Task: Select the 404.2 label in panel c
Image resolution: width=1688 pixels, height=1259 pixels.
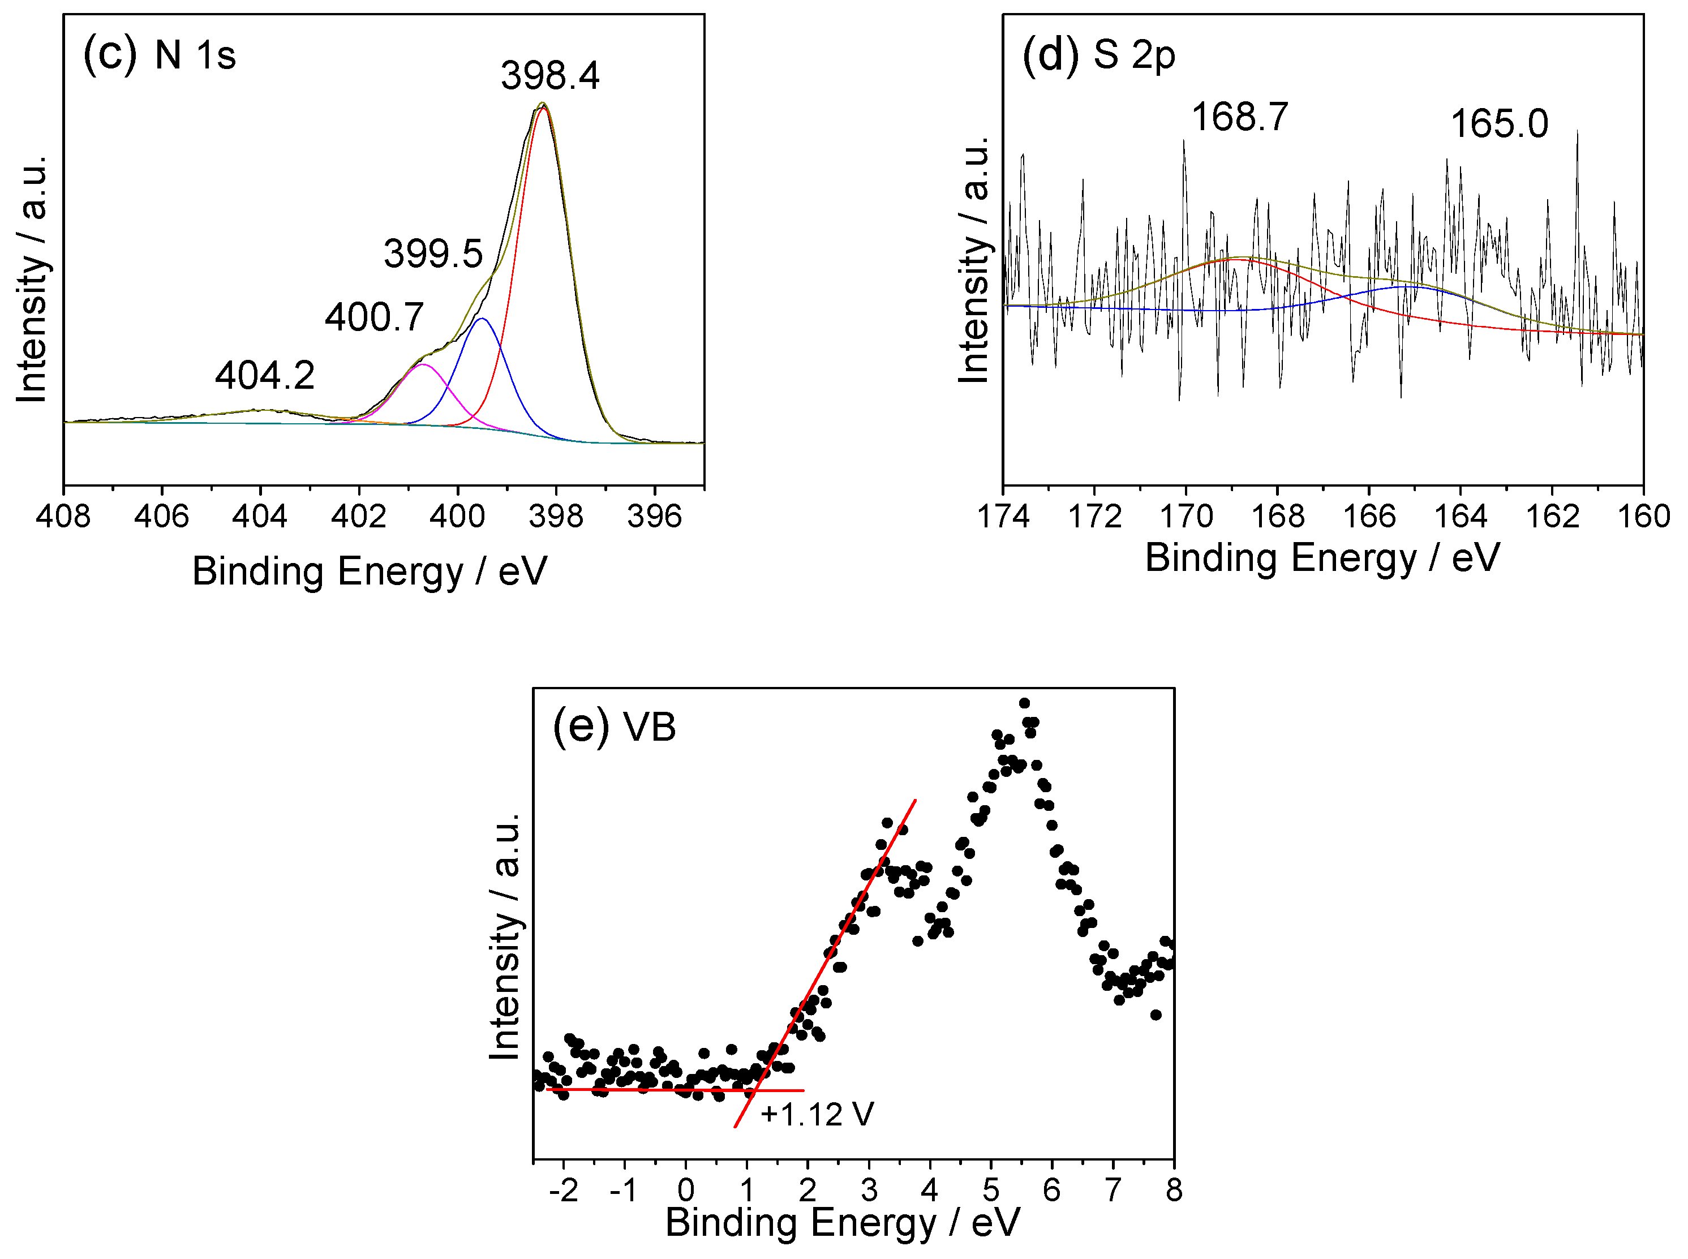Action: [264, 375]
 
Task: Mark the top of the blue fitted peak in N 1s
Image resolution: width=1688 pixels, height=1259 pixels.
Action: [481, 319]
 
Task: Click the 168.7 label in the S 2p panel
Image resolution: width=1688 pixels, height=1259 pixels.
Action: [1239, 117]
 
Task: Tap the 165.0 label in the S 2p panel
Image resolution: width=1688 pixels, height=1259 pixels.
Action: [1498, 123]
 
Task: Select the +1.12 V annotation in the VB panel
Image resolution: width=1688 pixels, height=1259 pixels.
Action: [816, 1114]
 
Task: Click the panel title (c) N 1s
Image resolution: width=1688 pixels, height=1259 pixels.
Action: [159, 54]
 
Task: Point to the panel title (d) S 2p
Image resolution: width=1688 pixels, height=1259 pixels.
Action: [1098, 54]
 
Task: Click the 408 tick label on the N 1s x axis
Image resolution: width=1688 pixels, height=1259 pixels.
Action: [63, 516]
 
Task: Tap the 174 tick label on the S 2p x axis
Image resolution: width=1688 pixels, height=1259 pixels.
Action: [1003, 516]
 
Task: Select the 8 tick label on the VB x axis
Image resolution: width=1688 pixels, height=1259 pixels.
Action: [1174, 1189]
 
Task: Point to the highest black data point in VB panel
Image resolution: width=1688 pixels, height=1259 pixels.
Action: [1024, 703]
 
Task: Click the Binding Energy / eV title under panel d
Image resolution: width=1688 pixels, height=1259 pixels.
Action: [1322, 557]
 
